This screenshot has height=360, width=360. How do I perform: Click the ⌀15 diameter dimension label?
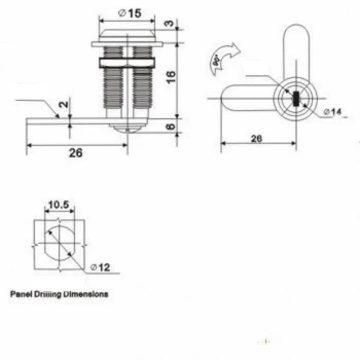point(130,13)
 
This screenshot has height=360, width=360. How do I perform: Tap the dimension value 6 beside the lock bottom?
point(169,126)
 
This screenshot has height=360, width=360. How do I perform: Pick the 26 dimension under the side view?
point(76,153)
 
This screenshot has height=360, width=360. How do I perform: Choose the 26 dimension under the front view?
point(256,139)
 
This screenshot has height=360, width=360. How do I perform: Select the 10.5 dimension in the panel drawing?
point(58,205)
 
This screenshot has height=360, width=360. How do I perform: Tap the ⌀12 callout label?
point(100,267)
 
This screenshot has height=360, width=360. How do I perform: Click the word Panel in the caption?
point(20,295)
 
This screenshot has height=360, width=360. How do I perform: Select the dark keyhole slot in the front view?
point(296,98)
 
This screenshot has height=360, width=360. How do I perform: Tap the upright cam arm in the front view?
point(296,49)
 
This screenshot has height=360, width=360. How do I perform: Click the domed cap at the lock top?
point(127,35)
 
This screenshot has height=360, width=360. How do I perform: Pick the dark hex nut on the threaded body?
point(127,62)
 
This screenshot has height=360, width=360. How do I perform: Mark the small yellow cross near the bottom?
point(266,342)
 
